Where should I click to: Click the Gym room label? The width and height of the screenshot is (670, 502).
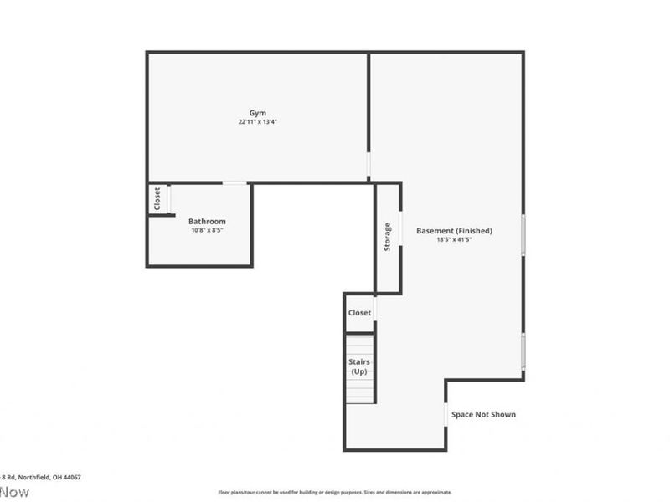[257, 113]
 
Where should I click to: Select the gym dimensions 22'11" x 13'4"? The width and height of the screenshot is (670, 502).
[257, 122]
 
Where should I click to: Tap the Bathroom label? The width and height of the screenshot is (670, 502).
[207, 221]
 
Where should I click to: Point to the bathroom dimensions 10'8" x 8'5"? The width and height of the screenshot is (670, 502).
[207, 230]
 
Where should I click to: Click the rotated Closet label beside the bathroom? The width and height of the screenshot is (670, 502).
[157, 199]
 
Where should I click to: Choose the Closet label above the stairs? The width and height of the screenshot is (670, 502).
[359, 313]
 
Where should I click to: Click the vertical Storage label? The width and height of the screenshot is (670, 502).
[387, 238]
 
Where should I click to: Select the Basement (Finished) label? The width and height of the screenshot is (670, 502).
[454, 231]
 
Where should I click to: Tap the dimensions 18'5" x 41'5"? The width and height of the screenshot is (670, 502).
[454, 240]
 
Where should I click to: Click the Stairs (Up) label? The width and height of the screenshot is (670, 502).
[359, 366]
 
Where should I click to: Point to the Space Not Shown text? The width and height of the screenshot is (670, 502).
[483, 414]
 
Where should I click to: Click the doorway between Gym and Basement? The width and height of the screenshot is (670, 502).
[368, 164]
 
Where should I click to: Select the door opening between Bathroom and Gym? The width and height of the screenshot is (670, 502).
[234, 182]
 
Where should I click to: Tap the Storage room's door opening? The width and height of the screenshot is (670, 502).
[399, 228]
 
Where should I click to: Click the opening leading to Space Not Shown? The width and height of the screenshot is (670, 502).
[446, 415]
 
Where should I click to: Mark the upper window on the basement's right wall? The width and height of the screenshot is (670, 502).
[523, 233]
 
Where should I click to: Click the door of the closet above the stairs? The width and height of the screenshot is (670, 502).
[374, 309]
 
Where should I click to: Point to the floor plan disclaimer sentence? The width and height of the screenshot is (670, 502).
[335, 492]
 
